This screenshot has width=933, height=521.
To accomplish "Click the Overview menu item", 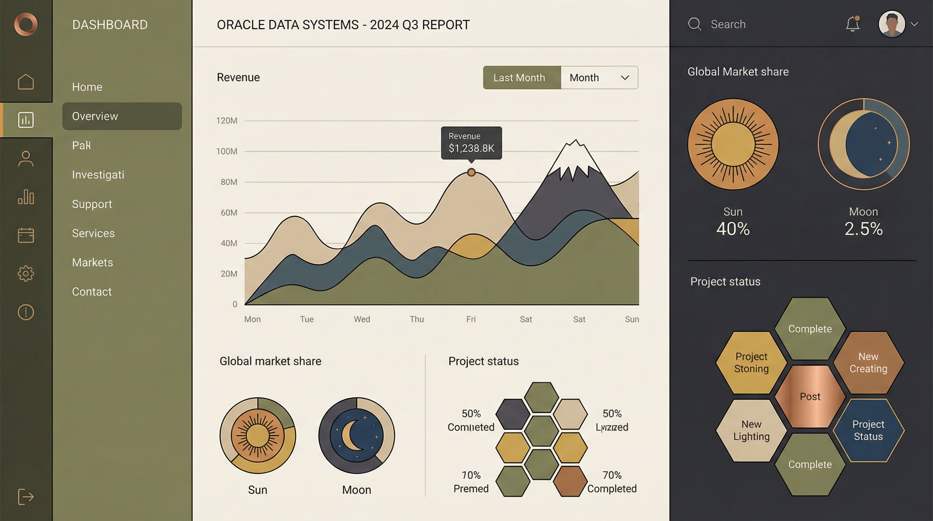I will click(122, 116).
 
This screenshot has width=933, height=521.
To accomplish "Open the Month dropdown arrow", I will click(625, 78).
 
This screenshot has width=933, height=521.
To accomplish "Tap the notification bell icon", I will click(852, 24).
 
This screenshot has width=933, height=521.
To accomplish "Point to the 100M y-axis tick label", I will click(227, 151).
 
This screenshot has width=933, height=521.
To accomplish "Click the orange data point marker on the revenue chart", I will click(471, 172).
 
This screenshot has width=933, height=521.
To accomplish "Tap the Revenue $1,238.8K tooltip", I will click(471, 143).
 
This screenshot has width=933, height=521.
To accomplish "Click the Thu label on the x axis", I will click(417, 319).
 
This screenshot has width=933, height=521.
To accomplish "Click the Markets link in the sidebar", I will click(92, 262).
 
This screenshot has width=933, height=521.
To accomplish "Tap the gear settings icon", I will click(26, 273).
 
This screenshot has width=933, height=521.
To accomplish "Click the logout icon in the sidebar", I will click(26, 496).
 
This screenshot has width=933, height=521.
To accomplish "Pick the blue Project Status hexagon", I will click(868, 430).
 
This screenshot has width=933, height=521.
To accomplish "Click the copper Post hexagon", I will click(810, 397).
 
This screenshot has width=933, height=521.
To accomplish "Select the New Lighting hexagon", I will click(751, 430).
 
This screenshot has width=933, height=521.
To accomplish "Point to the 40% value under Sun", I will click(733, 229).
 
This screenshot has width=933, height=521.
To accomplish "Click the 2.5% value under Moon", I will click(863, 229).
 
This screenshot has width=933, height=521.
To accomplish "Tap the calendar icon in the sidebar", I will click(26, 235).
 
